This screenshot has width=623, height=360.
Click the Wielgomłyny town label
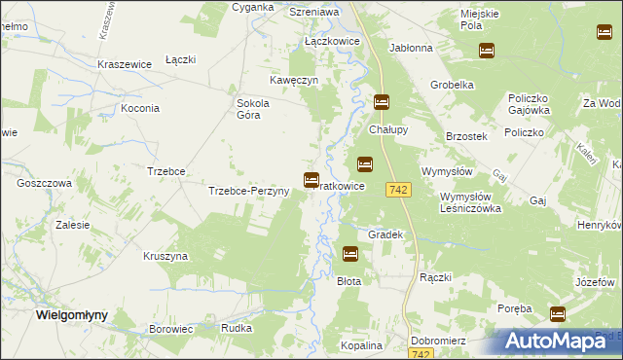(70, 315)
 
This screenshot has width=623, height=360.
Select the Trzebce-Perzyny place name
(248, 191)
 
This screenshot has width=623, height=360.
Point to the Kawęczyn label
(295, 81)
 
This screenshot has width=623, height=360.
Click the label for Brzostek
(465, 136)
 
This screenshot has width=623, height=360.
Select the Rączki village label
(435, 277)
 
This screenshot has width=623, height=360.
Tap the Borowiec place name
(169, 329)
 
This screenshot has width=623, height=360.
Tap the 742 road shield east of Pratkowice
(396, 190)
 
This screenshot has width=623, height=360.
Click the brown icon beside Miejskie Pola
(486, 50)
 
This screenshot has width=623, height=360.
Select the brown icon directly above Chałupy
(382, 101)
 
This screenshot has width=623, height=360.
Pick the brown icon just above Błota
(350, 254)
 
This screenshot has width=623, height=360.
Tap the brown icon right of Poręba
(558, 313)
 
